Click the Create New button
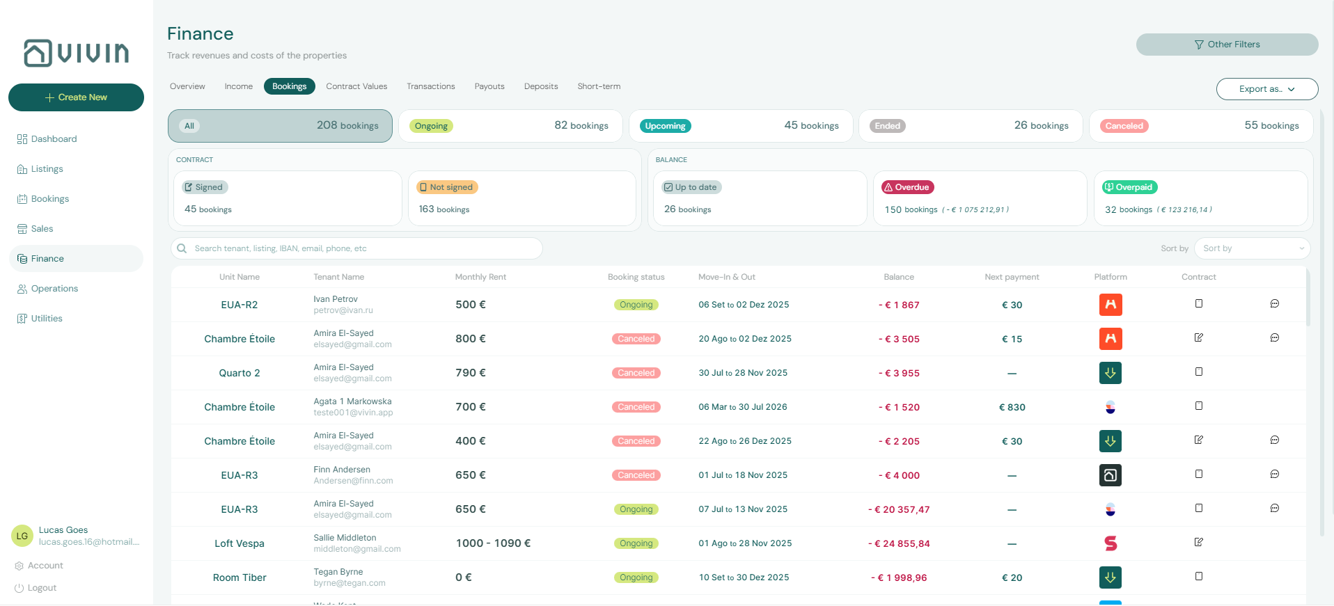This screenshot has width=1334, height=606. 76,97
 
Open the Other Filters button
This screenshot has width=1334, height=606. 1227,45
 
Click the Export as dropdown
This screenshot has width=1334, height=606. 1266,89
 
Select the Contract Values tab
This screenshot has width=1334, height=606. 356,86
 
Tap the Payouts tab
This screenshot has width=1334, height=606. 489,86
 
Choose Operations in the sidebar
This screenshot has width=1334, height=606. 54,289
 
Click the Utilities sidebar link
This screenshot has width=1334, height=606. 47,319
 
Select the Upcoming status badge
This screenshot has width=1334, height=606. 665,126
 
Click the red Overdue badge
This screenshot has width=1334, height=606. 908,187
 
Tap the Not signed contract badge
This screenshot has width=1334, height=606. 446,187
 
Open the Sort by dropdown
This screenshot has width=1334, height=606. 1252,248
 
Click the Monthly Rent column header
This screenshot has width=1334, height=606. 480,277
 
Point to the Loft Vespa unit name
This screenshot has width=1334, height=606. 240,543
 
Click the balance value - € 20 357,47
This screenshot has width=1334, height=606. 899,509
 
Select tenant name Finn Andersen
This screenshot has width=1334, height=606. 342,470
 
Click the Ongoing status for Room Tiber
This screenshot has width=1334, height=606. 636,577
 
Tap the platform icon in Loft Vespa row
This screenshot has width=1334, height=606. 1111,543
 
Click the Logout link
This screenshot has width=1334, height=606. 42,588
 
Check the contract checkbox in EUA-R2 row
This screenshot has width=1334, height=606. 1199,303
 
